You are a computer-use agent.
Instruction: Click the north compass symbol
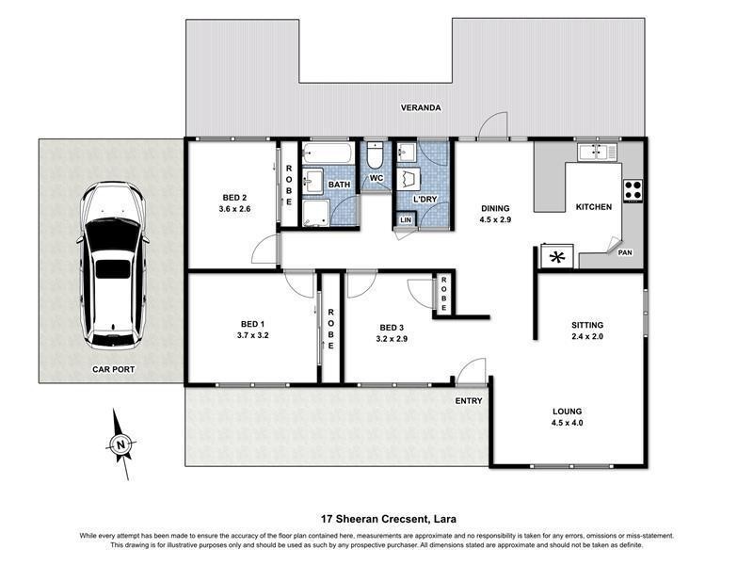pos(120,444)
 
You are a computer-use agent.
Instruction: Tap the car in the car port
pos(112,266)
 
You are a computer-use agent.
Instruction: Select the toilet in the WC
pos(374,154)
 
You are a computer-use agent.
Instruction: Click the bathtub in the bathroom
pos(328,153)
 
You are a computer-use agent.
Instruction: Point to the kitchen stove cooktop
pos(633,190)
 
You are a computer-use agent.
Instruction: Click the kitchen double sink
pos(597,152)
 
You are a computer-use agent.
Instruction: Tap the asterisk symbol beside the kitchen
pos(557,257)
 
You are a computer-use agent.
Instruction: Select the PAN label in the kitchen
pos(625,252)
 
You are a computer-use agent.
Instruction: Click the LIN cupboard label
pos(406,220)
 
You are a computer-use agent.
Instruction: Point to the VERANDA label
pos(421,107)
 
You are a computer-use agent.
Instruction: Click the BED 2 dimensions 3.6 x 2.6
pos(234,209)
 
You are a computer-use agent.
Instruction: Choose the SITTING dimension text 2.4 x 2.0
pos(587,336)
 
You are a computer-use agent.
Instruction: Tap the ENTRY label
pos(469,401)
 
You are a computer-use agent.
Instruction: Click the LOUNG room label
pos(568,412)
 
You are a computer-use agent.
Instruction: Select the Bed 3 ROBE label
pos(443,294)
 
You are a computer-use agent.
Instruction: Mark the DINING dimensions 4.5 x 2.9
pos(495,219)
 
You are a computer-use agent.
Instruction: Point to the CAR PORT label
pos(113,369)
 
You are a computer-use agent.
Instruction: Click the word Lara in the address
pos(445,519)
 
